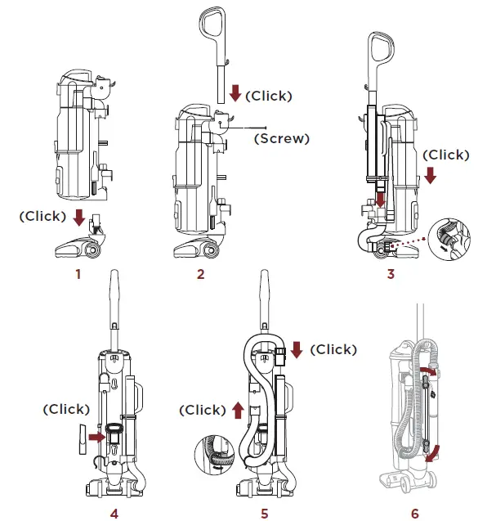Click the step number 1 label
pos(78,274)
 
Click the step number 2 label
pos(200,274)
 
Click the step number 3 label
pos(391,274)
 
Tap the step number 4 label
pos(114,514)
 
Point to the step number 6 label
pos(414,514)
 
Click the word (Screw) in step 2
pos(282,138)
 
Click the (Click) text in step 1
pos(43,216)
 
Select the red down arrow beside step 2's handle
pos(235,93)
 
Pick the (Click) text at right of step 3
pos(448,155)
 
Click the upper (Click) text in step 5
pos(334,349)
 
